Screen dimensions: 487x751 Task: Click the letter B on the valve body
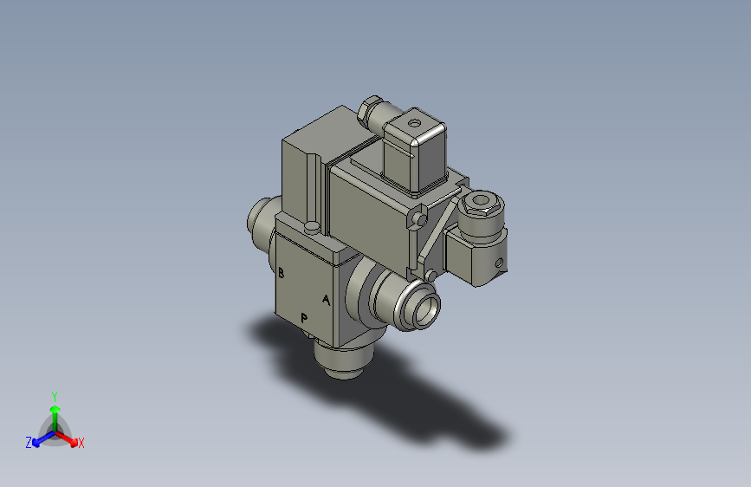pos(282,273)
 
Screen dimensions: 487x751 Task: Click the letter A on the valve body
pos(327,301)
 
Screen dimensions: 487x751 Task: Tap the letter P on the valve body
pos(304,317)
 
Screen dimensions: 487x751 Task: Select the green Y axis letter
pos(55,394)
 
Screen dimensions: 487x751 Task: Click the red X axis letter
pos(81,443)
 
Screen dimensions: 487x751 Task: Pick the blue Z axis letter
pos(29,442)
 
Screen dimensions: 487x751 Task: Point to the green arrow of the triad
pos(55,408)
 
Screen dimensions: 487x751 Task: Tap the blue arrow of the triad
pos(38,438)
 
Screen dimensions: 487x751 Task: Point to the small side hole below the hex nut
pos(499,260)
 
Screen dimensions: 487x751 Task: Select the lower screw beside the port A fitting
pos(430,276)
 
